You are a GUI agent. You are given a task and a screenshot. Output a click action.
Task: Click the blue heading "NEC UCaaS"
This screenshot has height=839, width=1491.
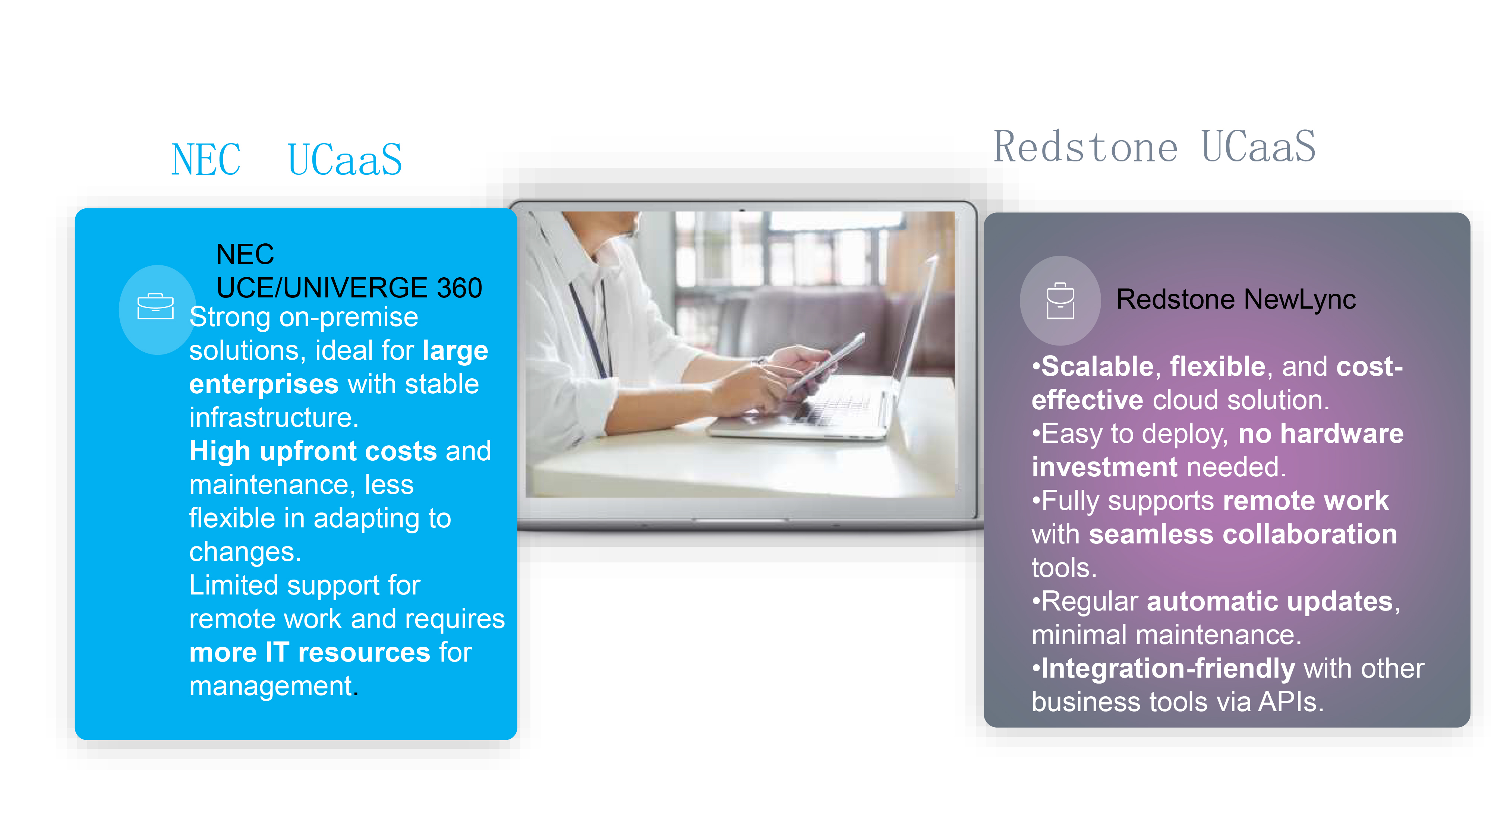[x=287, y=159]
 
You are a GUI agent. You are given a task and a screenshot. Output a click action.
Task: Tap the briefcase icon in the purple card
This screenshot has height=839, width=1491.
[x=1060, y=300]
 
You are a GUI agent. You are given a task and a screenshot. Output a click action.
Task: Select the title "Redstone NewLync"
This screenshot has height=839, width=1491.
[x=1236, y=299]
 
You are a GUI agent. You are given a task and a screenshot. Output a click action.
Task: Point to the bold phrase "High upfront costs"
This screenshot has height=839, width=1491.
[x=313, y=451]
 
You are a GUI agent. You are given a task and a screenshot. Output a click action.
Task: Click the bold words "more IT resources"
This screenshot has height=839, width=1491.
[x=310, y=653]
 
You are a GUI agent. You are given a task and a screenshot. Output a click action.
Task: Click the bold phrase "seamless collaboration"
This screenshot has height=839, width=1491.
[x=1243, y=534]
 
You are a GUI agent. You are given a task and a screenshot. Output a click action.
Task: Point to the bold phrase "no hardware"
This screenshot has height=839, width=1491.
[x=1321, y=433]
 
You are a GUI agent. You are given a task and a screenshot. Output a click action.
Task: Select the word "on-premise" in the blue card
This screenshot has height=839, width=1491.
[x=349, y=317]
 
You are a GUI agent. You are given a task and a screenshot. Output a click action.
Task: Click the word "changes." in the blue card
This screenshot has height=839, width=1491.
[x=245, y=552]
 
